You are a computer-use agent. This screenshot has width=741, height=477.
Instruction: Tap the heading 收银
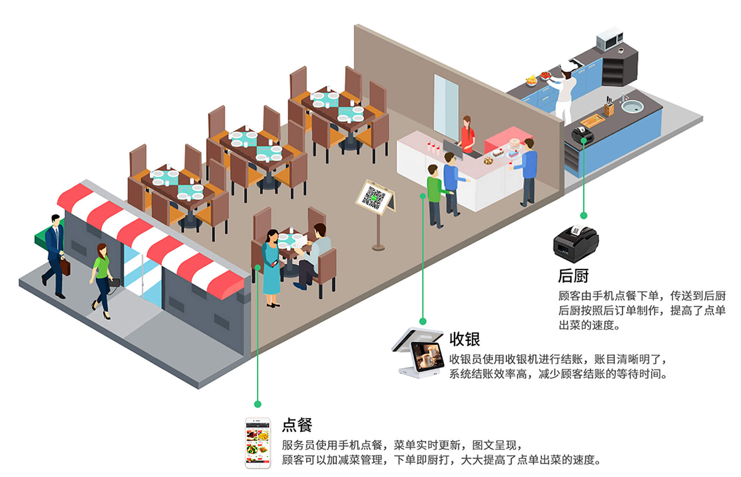(x=464, y=339)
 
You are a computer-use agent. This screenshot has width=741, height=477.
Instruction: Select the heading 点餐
(x=297, y=424)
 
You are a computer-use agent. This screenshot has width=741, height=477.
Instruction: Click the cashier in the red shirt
(x=467, y=135)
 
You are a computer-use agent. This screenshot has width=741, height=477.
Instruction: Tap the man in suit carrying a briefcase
(x=55, y=253)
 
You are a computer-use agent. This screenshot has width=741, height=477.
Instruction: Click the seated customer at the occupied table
(x=316, y=255)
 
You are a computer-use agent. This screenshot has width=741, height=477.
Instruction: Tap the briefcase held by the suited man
(x=65, y=266)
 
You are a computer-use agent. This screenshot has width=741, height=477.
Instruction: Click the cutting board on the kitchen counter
(x=592, y=120)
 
